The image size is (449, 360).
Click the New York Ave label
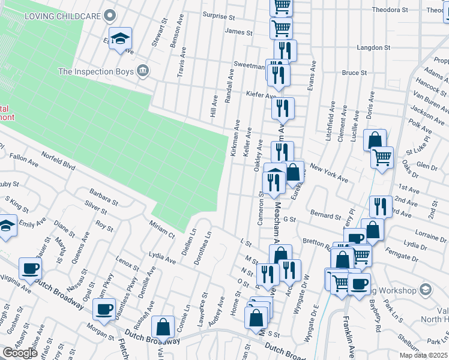329,175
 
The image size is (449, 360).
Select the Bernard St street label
325,214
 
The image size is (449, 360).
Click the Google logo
20,353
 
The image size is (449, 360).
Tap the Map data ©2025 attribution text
424,355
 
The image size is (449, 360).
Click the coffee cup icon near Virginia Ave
30,268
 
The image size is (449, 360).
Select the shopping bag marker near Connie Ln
163,327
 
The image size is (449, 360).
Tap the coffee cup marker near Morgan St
104,309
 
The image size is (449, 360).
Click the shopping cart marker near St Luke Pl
382,158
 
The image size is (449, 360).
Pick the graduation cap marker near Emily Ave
6,226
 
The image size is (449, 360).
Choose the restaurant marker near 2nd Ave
379,207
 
